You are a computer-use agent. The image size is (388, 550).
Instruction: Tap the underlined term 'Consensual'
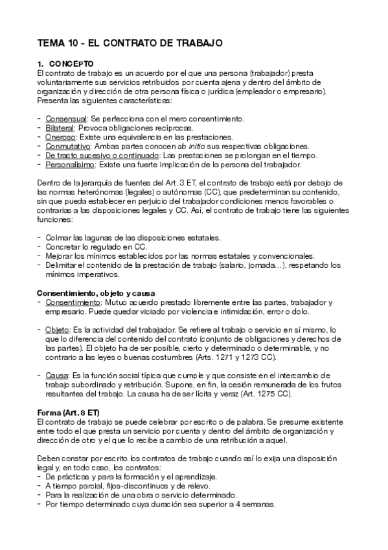pos(66,119)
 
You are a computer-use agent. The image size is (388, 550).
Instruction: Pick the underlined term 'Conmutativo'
pos(68,147)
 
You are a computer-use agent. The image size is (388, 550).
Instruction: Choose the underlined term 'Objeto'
pos(58,329)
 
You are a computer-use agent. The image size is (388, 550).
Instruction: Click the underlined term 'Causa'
pos(56,375)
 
